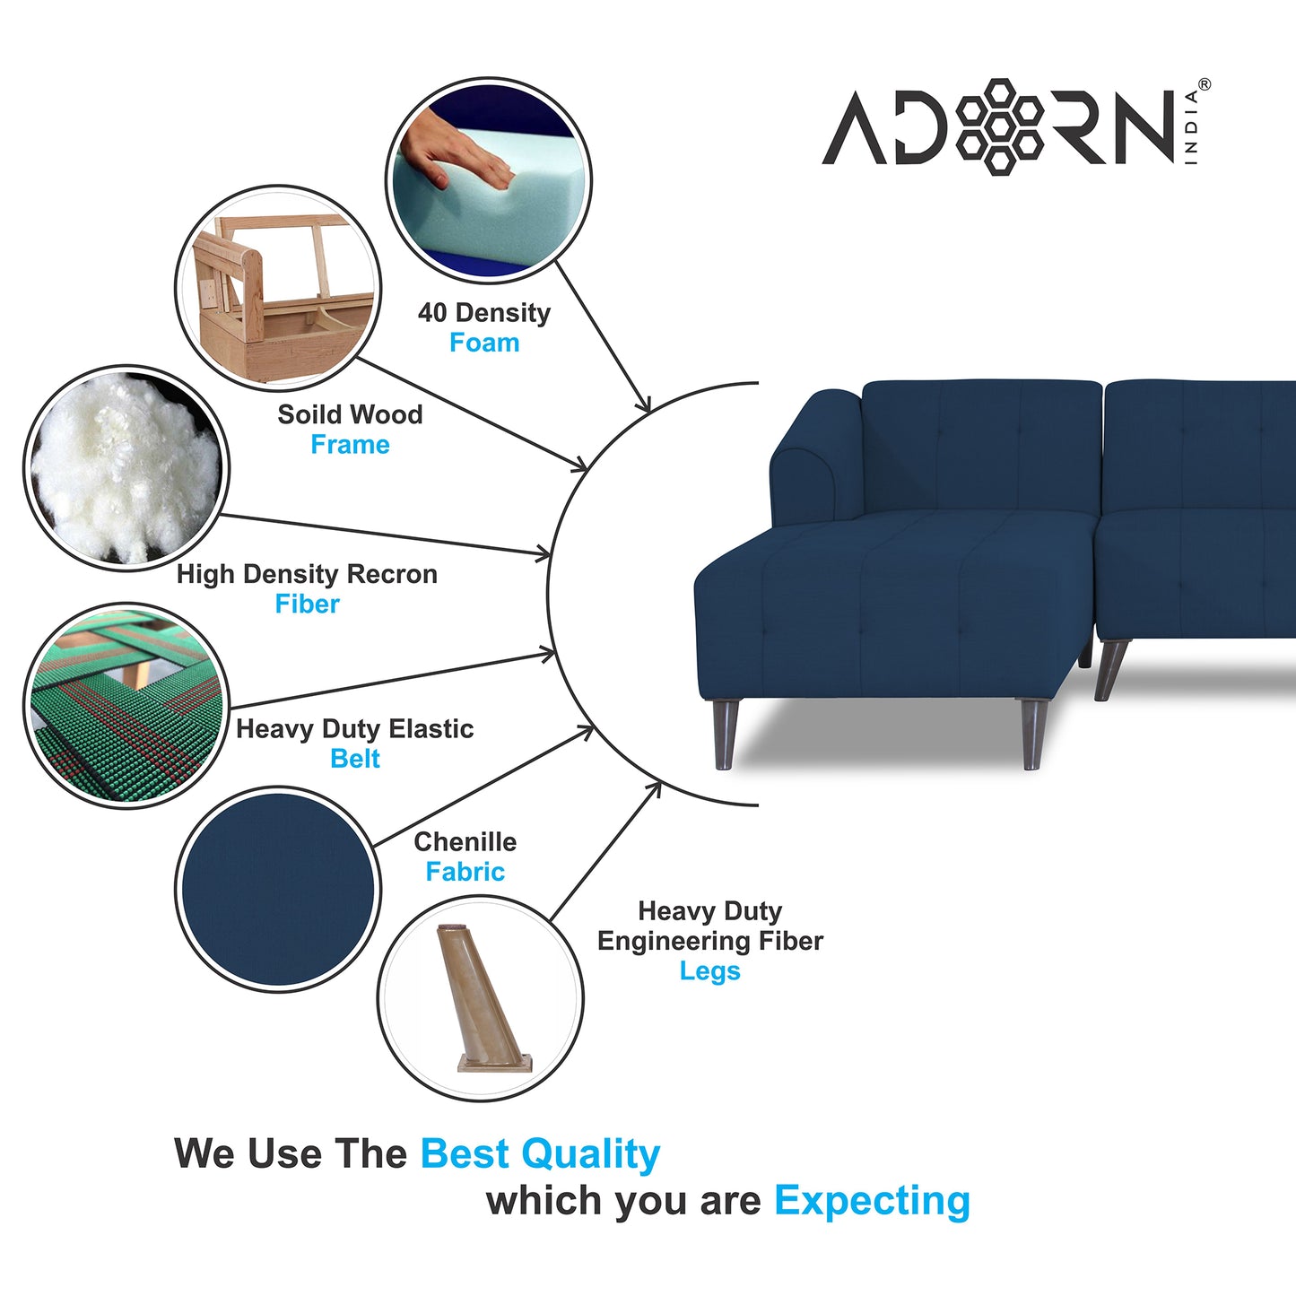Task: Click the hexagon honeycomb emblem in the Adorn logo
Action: (999, 127)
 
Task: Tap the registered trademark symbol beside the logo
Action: (1205, 84)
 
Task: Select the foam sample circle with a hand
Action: (488, 179)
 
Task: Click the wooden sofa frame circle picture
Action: (278, 288)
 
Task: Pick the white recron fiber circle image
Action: (126, 468)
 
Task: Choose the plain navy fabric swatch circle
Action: (278, 889)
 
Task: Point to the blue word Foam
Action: (484, 343)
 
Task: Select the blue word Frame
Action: (351, 445)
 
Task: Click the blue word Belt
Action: (355, 759)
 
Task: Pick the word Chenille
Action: (465, 842)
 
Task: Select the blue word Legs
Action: (710, 972)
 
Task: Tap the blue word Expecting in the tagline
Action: (873, 1202)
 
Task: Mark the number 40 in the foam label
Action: (432, 313)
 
